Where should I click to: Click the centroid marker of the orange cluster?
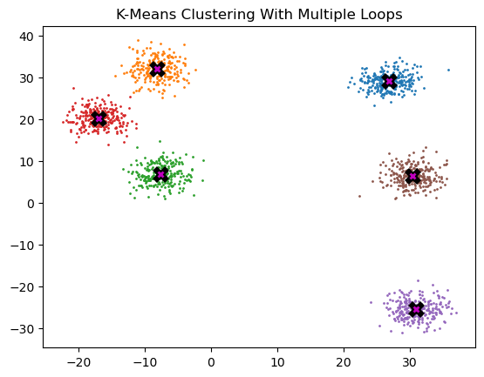pyautogui.click(x=158, y=69)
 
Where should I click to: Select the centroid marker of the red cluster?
pyautogui.click(x=99, y=118)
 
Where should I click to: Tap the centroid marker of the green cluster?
pyautogui.click(x=160, y=174)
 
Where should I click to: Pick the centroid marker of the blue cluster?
pyautogui.click(x=389, y=81)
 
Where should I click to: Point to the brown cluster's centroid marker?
pyautogui.click(x=413, y=176)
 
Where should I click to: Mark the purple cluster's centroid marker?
pyautogui.click(x=416, y=309)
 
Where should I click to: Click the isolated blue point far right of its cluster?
pyautogui.click(x=448, y=70)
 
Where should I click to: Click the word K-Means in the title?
pyautogui.click(x=146, y=15)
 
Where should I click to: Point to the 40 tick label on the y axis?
pyautogui.click(x=27, y=37)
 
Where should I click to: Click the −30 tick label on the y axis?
pyautogui.click(x=23, y=329)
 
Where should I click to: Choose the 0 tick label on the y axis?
pyautogui.click(x=31, y=204)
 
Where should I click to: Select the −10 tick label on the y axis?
pyautogui.click(x=23, y=246)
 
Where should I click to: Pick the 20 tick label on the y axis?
pyautogui.click(x=27, y=120)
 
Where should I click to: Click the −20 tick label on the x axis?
pyautogui.click(x=78, y=362)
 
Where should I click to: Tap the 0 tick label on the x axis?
pyautogui.click(x=211, y=362)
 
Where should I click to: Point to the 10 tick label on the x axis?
pyautogui.click(x=277, y=362)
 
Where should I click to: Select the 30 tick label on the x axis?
pyautogui.click(x=410, y=362)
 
